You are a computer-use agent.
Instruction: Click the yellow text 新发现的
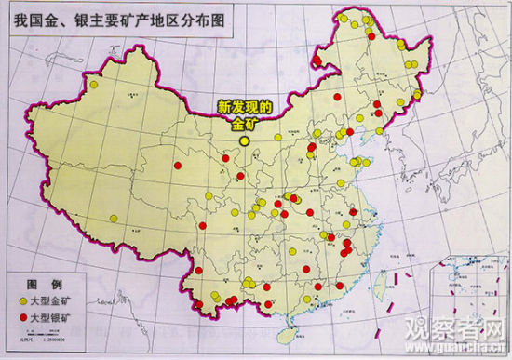(x=243, y=108)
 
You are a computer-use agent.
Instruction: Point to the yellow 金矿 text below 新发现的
(x=244, y=123)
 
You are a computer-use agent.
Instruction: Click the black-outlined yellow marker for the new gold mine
(x=245, y=141)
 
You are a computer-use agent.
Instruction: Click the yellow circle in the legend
(x=21, y=301)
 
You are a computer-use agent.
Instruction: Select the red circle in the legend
(x=21, y=318)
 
